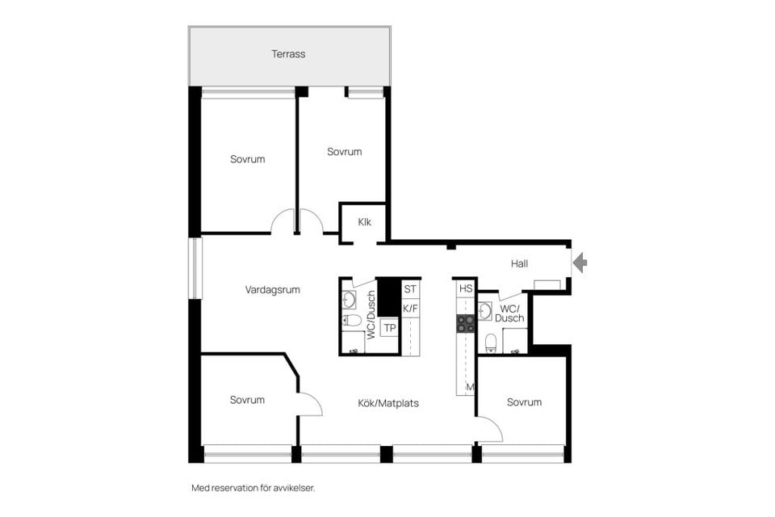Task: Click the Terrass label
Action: click(288, 54)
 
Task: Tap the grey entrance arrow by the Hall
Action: click(581, 262)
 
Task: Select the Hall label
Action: click(519, 263)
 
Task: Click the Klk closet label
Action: click(364, 222)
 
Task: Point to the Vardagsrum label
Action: click(272, 290)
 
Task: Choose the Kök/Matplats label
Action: click(388, 403)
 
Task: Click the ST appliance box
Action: click(410, 289)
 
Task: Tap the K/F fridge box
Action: click(410, 309)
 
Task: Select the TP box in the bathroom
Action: click(390, 328)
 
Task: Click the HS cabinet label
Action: click(466, 288)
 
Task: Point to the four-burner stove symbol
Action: click(465, 324)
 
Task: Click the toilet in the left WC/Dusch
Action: click(352, 320)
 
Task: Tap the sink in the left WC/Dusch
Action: click(350, 300)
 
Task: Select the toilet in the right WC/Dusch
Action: click(490, 343)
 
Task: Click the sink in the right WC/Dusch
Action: click(485, 311)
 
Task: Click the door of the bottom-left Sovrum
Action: click(310, 404)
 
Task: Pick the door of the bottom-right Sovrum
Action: click(489, 428)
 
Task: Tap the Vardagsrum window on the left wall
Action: click(195, 269)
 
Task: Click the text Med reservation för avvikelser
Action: click(253, 488)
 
